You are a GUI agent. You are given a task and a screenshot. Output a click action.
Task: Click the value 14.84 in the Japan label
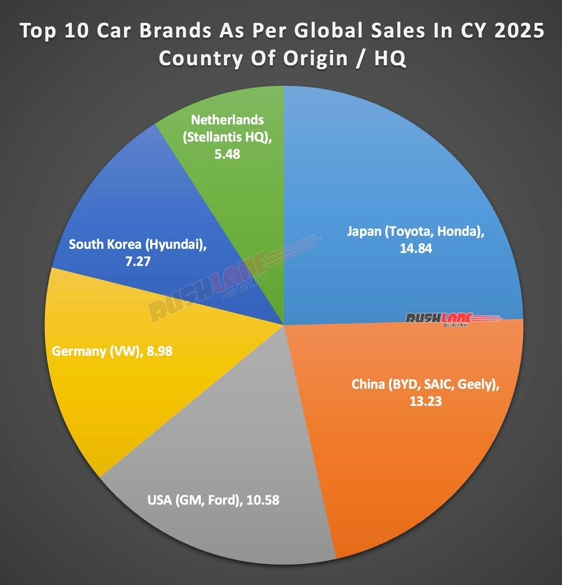click(416, 248)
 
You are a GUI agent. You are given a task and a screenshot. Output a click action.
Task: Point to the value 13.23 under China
click(425, 401)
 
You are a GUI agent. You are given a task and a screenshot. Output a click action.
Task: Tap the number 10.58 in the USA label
click(262, 500)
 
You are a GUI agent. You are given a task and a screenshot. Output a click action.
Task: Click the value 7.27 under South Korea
click(138, 261)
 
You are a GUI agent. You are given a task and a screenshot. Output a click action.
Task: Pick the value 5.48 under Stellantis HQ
click(227, 154)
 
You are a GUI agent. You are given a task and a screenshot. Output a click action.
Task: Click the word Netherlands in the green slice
click(227, 120)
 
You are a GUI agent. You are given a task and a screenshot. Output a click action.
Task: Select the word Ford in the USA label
click(223, 500)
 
